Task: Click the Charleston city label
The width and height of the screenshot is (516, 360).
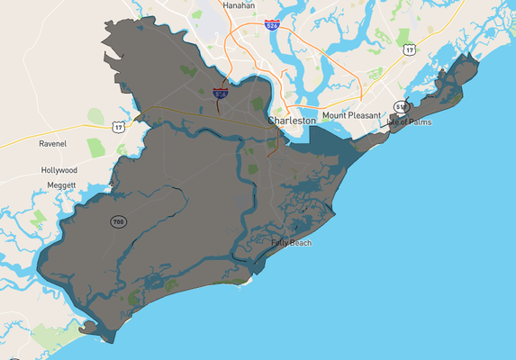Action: click(292, 120)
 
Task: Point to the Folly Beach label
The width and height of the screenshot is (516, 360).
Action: click(291, 243)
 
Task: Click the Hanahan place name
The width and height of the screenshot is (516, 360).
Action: click(235, 5)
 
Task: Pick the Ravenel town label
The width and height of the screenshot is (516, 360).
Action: click(53, 143)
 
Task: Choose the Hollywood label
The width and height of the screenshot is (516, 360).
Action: click(59, 170)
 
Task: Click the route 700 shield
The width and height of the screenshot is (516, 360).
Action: click(119, 221)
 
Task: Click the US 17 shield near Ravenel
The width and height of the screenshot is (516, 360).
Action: click(119, 128)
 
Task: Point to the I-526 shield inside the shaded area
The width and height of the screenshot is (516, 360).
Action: click(221, 93)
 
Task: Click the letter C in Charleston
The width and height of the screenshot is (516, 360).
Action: click(271, 120)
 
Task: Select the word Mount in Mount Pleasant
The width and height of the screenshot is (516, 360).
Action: click(336, 116)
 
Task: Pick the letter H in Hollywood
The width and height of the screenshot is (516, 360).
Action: click(44, 170)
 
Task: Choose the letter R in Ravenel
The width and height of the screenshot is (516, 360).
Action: click(41, 143)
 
